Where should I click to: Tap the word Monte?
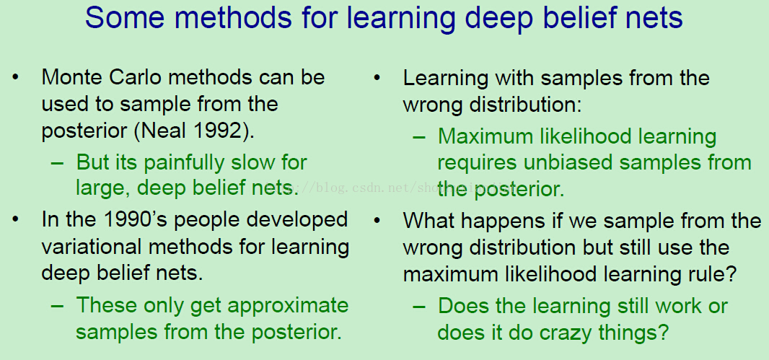(72, 77)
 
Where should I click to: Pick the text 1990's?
(136, 219)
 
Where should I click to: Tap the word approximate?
(288, 306)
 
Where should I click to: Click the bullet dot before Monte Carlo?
(16, 77)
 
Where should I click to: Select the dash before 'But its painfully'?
(58, 163)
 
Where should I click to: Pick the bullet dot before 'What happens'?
(377, 221)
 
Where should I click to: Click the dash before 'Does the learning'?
(419, 307)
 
